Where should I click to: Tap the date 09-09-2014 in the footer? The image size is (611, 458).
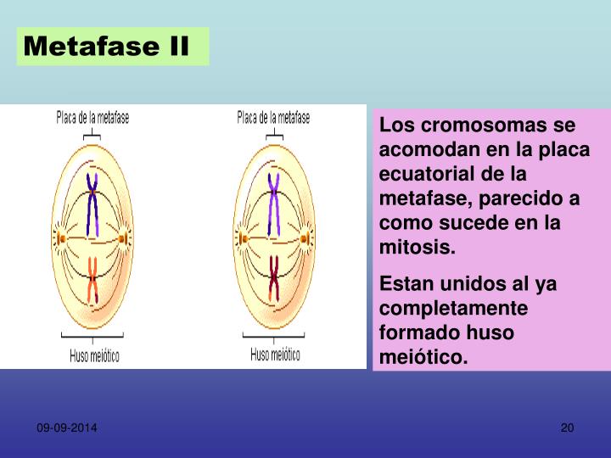(x=66, y=428)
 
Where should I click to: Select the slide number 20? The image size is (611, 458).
(x=568, y=428)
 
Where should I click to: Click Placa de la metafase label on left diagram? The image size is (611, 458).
(x=93, y=119)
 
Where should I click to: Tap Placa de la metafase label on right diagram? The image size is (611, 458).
(x=273, y=119)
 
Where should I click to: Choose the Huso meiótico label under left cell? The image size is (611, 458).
(x=94, y=355)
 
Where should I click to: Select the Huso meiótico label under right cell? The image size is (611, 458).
(x=275, y=354)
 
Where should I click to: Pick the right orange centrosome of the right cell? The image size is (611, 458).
(x=304, y=238)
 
